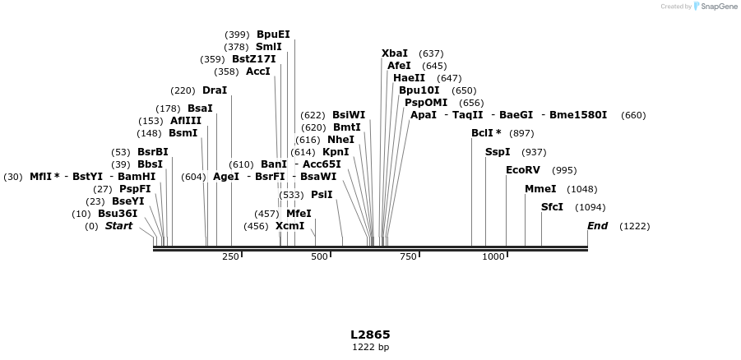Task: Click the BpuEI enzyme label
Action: pyautogui.click(x=273, y=35)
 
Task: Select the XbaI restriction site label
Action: pyautogui.click(x=395, y=53)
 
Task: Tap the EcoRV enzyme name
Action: pyautogui.click(x=523, y=170)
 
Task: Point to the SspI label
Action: pyautogui.click(x=498, y=152)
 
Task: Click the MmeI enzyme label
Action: pyautogui.click(x=540, y=189)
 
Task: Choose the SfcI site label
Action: pyautogui.click(x=552, y=207)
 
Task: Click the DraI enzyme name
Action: pyautogui.click(x=214, y=90)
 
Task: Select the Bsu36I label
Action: pyautogui.click(x=118, y=214)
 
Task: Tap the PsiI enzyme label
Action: pyautogui.click(x=322, y=195)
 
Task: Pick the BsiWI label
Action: pyautogui.click(x=349, y=115)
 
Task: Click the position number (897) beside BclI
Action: pyautogui.click(x=521, y=133)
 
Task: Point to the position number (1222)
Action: pyautogui.click(x=634, y=226)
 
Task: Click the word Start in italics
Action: pyautogui.click(x=118, y=226)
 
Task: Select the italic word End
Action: pyautogui.click(x=597, y=226)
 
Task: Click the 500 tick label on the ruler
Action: pyautogui.click(x=319, y=257)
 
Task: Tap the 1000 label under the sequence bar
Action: pyautogui.click(x=493, y=257)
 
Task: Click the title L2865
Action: pyautogui.click(x=370, y=335)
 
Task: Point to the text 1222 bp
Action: pyautogui.click(x=370, y=347)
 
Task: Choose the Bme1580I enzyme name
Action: pyautogui.click(x=578, y=115)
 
